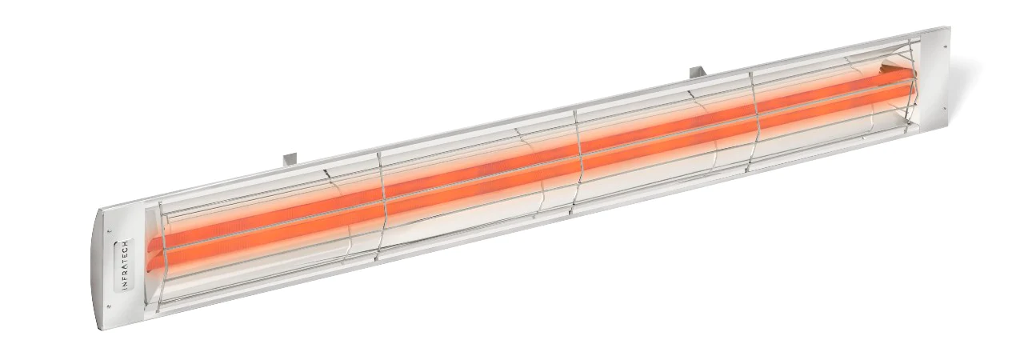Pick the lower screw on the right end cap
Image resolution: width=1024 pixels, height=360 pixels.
pyautogui.click(x=945, y=110)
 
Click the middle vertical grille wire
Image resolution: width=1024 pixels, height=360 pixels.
pyautogui.click(x=574, y=164)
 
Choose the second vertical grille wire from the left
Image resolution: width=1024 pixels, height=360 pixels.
pyautogui.click(x=382, y=206)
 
